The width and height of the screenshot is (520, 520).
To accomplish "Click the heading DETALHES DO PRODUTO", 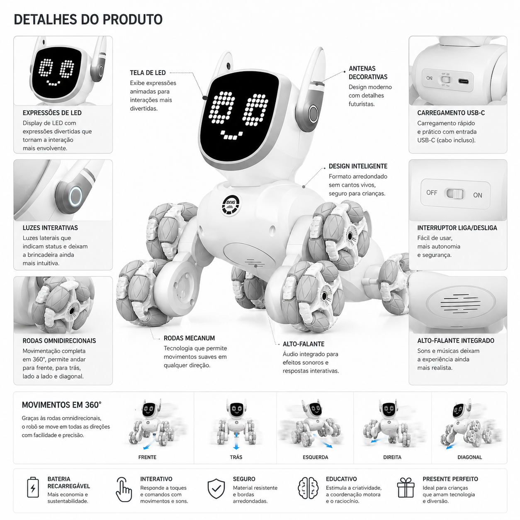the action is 88,19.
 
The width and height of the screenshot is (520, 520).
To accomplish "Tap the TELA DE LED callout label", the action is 148,73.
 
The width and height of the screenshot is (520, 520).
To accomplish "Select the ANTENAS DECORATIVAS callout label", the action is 368,73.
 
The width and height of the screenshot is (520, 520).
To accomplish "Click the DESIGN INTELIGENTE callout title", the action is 358,166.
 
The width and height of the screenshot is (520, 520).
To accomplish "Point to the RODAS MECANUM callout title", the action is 189,338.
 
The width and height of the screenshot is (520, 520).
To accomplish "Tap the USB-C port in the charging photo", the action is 463,81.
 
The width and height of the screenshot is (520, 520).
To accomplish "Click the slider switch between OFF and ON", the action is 455,194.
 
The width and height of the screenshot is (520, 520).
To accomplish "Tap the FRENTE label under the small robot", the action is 147,457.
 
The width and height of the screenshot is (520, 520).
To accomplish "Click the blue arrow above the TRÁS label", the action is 236,442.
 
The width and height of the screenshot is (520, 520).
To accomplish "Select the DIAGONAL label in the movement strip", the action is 469,457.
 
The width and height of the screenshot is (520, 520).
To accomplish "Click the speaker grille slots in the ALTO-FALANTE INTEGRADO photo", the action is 460,304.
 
